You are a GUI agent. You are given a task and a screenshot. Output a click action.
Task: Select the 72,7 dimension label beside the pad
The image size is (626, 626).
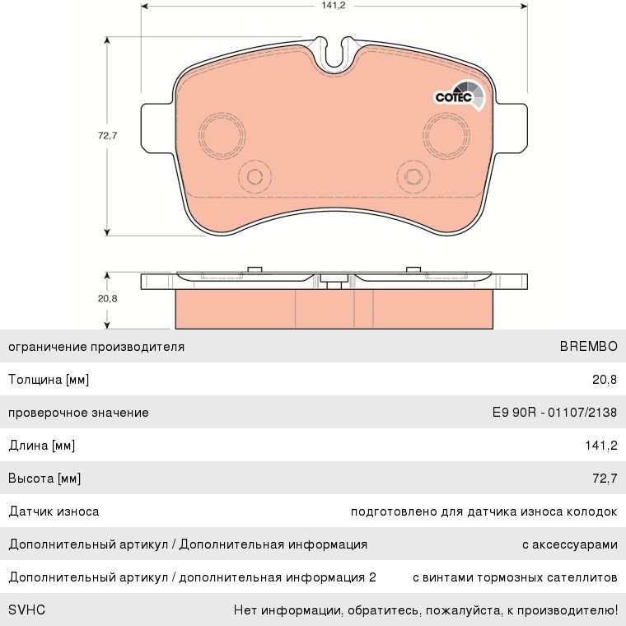(x=107, y=136)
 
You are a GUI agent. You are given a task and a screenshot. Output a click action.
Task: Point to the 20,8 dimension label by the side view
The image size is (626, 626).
(x=107, y=298)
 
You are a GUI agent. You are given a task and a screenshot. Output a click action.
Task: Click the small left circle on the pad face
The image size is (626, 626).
(x=254, y=175)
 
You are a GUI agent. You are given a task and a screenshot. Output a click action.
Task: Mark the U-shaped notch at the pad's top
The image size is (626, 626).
(x=334, y=54)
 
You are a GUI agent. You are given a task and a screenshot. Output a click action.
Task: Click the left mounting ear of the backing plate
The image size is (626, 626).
(x=157, y=128)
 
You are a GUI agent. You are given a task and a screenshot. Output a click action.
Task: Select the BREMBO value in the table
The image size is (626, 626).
(x=588, y=347)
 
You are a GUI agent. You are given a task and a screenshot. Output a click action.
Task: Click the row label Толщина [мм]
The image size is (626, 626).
(x=49, y=380)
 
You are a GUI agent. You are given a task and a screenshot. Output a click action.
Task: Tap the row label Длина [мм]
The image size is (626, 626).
(x=42, y=446)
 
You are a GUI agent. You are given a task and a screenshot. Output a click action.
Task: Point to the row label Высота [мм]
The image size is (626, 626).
(x=44, y=479)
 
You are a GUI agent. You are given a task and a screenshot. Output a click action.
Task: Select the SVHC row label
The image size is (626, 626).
(x=26, y=610)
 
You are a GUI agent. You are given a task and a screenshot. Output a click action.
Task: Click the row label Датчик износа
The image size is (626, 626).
(x=54, y=512)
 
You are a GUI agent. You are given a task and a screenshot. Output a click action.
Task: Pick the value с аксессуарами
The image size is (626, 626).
(x=569, y=544)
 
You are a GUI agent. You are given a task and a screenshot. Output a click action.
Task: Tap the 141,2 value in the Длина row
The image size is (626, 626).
(x=600, y=446)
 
